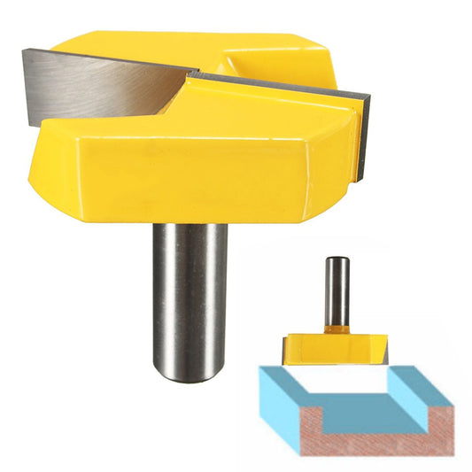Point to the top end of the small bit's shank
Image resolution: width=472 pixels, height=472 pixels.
pyautogui.click(x=336, y=259)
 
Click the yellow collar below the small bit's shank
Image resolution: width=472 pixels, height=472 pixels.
pyautogui.click(x=336, y=329)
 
